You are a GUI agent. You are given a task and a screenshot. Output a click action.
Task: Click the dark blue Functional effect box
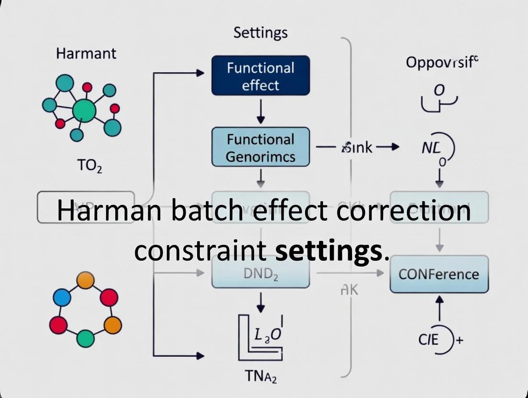pyautogui.click(x=261, y=76)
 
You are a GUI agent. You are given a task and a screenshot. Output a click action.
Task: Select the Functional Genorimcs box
pyautogui.click(x=261, y=147)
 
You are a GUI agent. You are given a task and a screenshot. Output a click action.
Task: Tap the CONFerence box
pyautogui.click(x=439, y=274)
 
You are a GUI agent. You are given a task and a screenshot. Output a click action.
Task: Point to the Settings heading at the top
pyautogui.click(x=261, y=33)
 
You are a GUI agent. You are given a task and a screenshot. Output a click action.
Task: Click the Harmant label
pyautogui.click(x=86, y=53)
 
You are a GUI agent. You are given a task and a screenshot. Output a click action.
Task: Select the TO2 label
pyautogui.click(x=89, y=166)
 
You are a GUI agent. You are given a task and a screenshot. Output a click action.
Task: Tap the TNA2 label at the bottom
pyautogui.click(x=261, y=377)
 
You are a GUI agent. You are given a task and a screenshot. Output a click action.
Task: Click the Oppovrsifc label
pyautogui.click(x=441, y=62)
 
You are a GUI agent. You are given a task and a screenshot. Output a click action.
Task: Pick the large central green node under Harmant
pyautogui.click(x=84, y=111)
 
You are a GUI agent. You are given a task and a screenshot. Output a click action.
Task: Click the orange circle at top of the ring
pyautogui.click(x=86, y=280)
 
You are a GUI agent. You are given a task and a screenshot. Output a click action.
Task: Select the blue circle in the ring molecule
pyautogui.click(x=62, y=298)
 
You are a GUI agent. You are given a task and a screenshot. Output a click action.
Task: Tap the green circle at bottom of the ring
pyautogui.click(x=85, y=338)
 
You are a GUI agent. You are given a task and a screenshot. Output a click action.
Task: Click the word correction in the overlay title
pyautogui.click(x=404, y=210)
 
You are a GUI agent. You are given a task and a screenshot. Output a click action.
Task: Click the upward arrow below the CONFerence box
pyautogui.click(x=440, y=307)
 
